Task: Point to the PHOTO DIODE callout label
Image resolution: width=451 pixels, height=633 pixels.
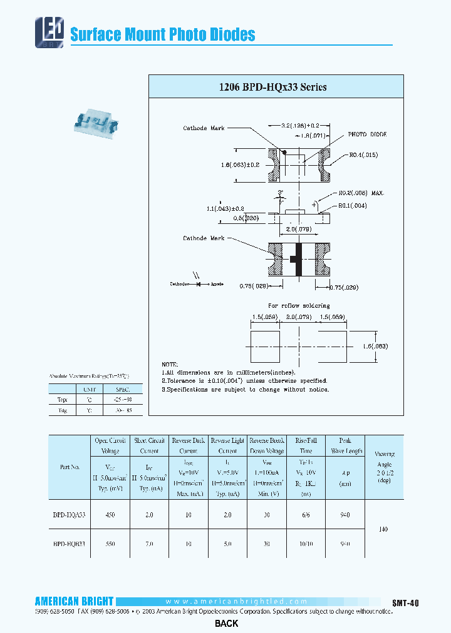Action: click(x=368, y=134)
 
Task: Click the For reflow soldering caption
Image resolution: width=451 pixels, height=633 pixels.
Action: click(x=299, y=306)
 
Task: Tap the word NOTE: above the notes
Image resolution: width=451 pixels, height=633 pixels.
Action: click(x=170, y=364)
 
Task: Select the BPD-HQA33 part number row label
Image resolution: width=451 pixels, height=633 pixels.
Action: click(x=69, y=514)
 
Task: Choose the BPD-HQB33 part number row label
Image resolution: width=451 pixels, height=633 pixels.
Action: click(x=69, y=544)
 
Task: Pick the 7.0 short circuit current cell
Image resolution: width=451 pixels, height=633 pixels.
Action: click(x=149, y=544)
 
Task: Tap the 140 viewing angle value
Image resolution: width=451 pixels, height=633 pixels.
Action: click(x=383, y=529)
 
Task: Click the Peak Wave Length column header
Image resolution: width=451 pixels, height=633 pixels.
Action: click(x=345, y=445)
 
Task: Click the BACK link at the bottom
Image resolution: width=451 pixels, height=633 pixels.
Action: click(x=226, y=624)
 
